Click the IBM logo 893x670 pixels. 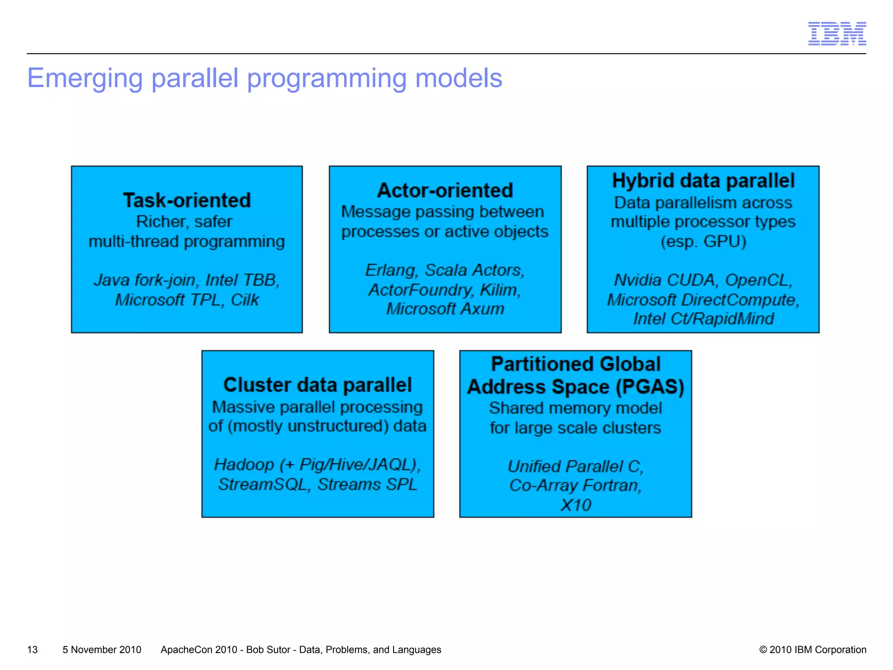tap(837, 34)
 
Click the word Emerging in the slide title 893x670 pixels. tap(85, 79)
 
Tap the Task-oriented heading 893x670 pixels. tap(187, 201)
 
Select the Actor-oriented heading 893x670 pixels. tap(445, 191)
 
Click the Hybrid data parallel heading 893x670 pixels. tap(703, 181)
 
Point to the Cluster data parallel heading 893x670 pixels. tap(317, 385)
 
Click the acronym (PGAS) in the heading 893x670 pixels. tap(650, 387)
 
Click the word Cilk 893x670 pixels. tap(245, 300)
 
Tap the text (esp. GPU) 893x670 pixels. tap(703, 241)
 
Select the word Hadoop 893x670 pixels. tap(244, 465)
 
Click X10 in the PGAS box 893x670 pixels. tap(575, 505)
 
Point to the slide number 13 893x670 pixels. tap(32, 649)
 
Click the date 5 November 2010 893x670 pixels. tap(102, 649)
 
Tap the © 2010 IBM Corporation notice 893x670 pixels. tap(812, 649)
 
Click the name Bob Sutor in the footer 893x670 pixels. tap(268, 649)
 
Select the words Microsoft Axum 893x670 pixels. tap(445, 309)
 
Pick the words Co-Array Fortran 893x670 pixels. tap(575, 485)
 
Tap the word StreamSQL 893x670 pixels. tap(264, 485)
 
